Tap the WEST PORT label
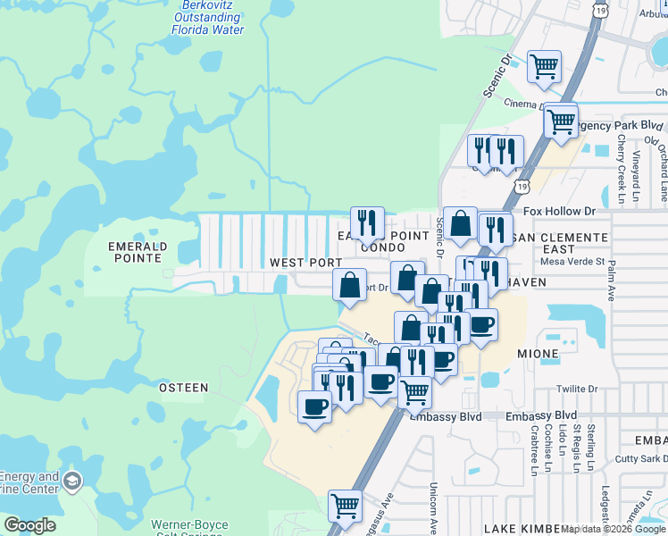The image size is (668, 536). click(x=306, y=263)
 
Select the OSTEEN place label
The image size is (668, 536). click(x=183, y=388)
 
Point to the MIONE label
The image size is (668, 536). click(x=539, y=354)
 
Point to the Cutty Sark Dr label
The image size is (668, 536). click(x=638, y=459)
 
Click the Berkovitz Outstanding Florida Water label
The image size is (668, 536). click(x=208, y=18)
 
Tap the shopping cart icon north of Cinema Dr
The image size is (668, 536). click(x=544, y=66)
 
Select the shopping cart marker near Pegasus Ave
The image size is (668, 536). click(x=345, y=505)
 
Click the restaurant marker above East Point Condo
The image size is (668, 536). click(x=367, y=222)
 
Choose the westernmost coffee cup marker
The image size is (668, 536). click(x=314, y=406)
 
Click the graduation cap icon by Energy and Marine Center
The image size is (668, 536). click(x=72, y=482)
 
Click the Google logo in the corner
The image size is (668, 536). click(x=29, y=525)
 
